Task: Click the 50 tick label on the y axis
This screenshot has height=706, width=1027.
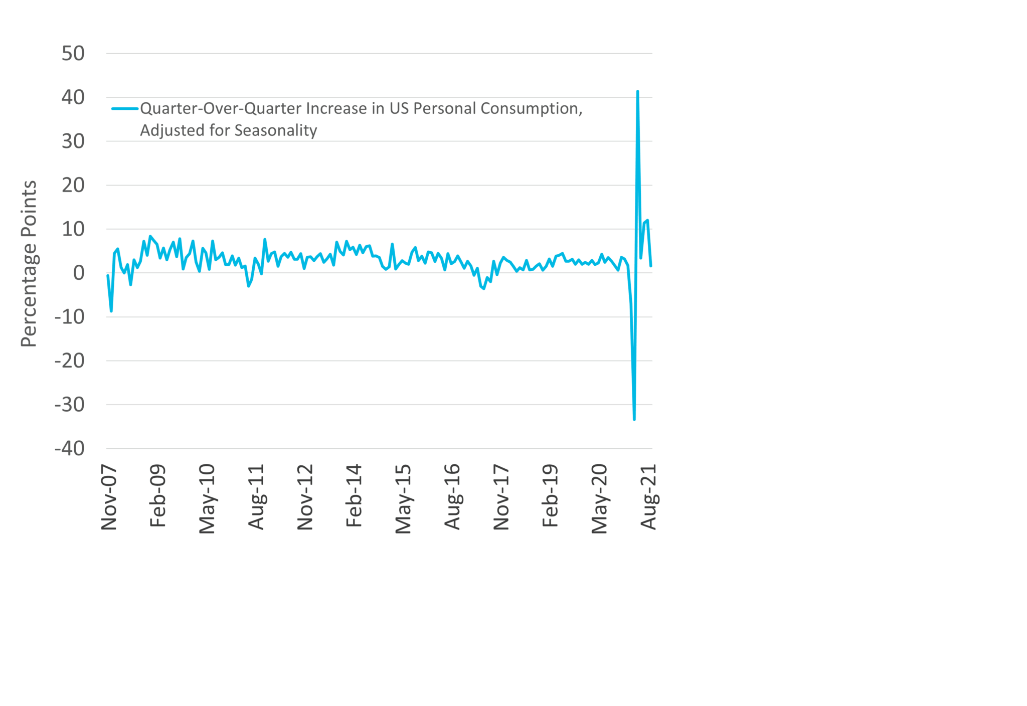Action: (x=73, y=54)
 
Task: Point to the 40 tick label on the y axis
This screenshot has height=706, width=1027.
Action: (x=73, y=97)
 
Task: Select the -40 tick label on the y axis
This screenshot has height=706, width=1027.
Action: (x=70, y=448)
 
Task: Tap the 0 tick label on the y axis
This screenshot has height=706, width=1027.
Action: (x=79, y=273)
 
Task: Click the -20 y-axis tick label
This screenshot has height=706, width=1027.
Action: (x=70, y=361)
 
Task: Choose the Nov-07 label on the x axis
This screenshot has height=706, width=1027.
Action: (x=109, y=497)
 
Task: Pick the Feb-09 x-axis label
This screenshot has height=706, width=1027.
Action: (x=158, y=496)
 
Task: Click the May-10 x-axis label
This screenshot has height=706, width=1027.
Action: (x=207, y=498)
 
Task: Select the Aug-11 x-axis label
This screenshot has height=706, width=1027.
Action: (x=256, y=497)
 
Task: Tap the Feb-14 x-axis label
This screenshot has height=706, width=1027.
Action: (x=354, y=496)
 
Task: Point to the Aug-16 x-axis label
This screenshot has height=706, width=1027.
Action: (x=452, y=497)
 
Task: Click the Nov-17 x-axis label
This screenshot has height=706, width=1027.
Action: (x=501, y=497)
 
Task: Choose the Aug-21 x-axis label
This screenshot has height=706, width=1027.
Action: (x=649, y=497)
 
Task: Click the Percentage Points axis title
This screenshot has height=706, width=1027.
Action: (x=29, y=264)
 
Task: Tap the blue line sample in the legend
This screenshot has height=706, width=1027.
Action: (x=125, y=108)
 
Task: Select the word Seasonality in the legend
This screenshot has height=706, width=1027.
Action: (x=276, y=130)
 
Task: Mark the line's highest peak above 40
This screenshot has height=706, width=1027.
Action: (x=637, y=92)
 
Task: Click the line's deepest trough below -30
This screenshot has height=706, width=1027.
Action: (x=634, y=419)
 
